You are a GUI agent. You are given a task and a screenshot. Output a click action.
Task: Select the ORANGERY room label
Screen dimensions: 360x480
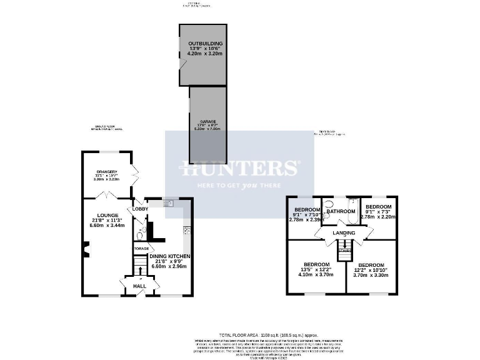coord(106,172)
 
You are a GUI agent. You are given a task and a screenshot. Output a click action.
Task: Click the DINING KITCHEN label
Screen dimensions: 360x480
coord(170,256)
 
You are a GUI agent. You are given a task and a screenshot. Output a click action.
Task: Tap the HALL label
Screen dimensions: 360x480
coord(139,286)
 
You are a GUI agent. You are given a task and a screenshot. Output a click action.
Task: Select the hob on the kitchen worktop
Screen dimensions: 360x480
coord(186,231)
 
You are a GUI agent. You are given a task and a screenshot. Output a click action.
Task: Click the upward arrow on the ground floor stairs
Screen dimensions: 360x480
coord(140,269)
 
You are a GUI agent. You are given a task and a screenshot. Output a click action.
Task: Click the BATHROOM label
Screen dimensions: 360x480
coord(341,212)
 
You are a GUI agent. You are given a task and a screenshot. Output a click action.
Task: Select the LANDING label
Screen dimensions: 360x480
coord(343,233)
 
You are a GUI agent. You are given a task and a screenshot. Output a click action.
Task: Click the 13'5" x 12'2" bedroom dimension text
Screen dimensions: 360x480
coord(316,269)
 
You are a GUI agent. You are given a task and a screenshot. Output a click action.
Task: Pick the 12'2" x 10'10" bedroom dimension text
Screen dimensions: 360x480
coord(370,269)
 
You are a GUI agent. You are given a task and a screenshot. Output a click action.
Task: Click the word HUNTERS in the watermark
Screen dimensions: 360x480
coord(239,168)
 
